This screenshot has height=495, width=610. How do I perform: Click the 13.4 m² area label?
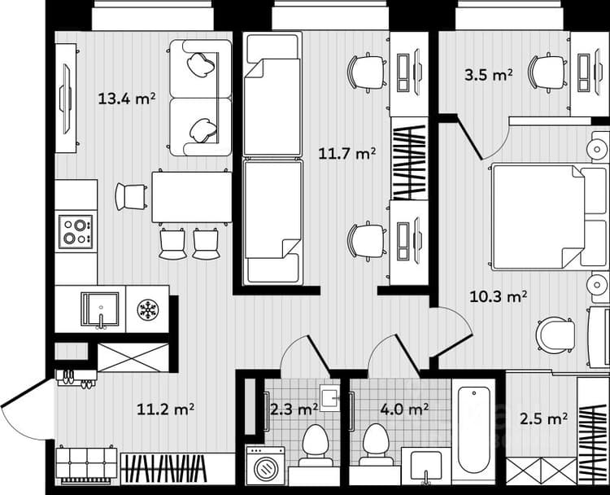126,99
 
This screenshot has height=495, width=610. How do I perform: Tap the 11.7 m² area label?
347,153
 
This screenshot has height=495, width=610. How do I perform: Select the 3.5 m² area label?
488,74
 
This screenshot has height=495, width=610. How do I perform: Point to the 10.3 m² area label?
499,297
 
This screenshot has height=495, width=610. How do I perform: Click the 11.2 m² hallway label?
165,410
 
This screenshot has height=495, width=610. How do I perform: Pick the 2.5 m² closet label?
543,419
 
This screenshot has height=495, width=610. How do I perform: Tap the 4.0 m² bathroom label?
404,410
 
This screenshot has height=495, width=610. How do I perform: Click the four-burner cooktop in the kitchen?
76,232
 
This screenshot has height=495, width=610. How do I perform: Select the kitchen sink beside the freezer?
99,309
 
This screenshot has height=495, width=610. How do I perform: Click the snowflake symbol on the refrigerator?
148,309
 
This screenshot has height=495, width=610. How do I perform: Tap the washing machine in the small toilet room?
266,466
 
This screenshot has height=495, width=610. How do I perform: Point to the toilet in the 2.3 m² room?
316,445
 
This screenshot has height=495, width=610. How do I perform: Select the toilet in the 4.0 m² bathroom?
376,445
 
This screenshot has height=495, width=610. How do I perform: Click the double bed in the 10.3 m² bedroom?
550,217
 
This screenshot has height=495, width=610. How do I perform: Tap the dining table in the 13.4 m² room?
192,197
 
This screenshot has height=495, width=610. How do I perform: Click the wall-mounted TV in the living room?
65,99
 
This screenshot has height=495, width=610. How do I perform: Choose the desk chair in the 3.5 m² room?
547,72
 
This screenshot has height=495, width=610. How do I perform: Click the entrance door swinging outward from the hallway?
25,409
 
